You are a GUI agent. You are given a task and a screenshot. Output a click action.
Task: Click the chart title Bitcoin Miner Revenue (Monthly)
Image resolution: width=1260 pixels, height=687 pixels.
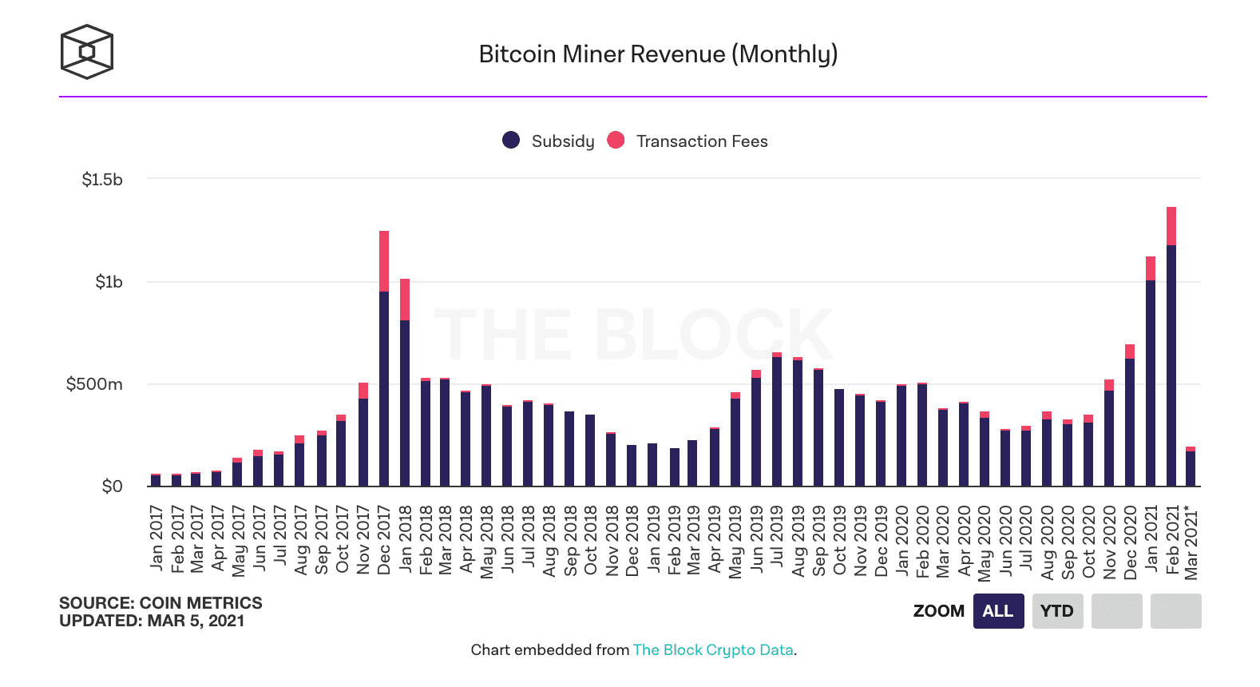click(658, 54)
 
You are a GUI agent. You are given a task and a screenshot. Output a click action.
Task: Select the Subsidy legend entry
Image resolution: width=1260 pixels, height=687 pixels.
click(549, 141)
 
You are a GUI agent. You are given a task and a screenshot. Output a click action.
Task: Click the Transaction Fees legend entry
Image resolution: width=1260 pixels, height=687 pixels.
click(687, 141)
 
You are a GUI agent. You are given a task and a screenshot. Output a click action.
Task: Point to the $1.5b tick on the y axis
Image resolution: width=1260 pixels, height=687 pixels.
click(102, 180)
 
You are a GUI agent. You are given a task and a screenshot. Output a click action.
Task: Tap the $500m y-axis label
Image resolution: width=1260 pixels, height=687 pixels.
click(94, 384)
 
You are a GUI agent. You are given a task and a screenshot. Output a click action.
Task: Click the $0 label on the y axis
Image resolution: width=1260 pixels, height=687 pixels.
click(112, 486)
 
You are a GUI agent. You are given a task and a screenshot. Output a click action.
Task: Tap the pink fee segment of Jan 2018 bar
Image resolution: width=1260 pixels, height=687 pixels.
click(405, 300)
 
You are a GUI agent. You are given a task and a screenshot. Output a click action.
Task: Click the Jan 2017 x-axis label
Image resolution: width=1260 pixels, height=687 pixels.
click(157, 538)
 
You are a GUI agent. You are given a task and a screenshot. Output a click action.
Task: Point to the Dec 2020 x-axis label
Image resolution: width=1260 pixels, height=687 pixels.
click(1131, 542)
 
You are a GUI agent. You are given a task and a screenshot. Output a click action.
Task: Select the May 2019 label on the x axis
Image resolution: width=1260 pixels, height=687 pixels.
click(735, 541)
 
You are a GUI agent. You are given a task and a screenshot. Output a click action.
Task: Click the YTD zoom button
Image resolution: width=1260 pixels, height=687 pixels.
click(1057, 611)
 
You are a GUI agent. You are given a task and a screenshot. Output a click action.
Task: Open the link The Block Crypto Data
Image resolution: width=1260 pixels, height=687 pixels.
click(713, 650)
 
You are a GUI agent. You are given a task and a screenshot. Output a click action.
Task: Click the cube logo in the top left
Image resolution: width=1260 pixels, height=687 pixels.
click(87, 52)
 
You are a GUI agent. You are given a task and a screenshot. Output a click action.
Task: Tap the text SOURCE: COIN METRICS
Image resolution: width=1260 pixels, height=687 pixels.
click(160, 603)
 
